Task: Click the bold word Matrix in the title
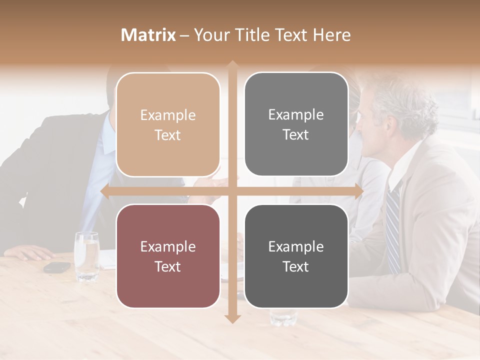click(x=148, y=35)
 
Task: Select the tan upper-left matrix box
click(x=168, y=124)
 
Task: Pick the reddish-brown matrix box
click(x=168, y=256)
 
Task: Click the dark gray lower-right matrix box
click(x=296, y=256)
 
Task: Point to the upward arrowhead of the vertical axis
click(x=232, y=65)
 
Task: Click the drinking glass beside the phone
click(x=86, y=255)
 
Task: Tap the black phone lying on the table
click(x=57, y=267)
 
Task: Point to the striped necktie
click(x=393, y=225)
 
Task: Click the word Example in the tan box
click(x=168, y=115)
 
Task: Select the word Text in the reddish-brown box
click(x=168, y=266)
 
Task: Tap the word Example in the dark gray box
click(x=296, y=246)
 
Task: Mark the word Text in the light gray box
click(x=296, y=134)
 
